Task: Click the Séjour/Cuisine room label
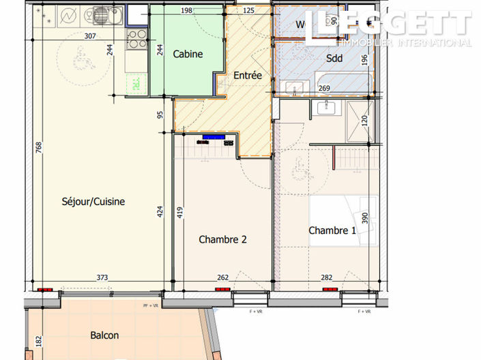click(x=93, y=202)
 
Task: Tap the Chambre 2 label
click(x=222, y=239)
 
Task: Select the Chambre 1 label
click(x=332, y=230)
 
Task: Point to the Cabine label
click(x=188, y=55)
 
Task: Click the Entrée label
click(x=248, y=76)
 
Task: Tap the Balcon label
click(x=104, y=335)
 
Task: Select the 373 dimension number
click(x=102, y=277)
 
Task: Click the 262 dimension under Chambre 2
click(x=223, y=277)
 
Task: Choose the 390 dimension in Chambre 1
click(x=365, y=218)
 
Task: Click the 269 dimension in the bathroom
click(x=325, y=88)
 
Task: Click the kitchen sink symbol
click(x=101, y=15)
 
